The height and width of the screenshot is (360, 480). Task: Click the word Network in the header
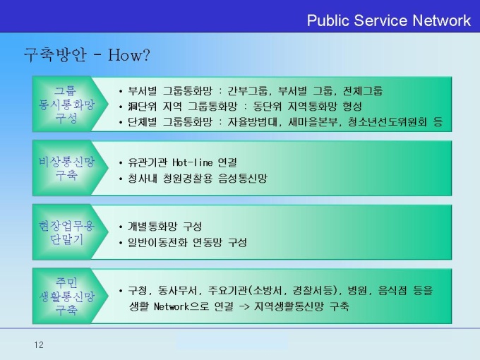(441, 20)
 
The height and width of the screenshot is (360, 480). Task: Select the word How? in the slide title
(129, 55)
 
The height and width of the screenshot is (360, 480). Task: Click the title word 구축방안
(55, 55)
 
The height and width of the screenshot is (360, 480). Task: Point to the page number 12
(39, 345)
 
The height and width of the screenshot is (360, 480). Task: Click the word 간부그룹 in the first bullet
(248, 91)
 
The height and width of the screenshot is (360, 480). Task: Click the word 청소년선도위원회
(388, 122)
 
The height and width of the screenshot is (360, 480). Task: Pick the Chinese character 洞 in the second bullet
(133, 107)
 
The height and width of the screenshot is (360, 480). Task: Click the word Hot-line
(193, 162)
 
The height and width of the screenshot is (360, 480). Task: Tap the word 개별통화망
(152, 227)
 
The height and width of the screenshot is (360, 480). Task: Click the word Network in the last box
(172, 306)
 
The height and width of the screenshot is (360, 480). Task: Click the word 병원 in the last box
(357, 290)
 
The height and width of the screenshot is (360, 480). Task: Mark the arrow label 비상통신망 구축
(66, 168)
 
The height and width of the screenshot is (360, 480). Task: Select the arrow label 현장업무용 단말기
(66, 232)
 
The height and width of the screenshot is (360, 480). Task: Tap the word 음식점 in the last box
(392, 290)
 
